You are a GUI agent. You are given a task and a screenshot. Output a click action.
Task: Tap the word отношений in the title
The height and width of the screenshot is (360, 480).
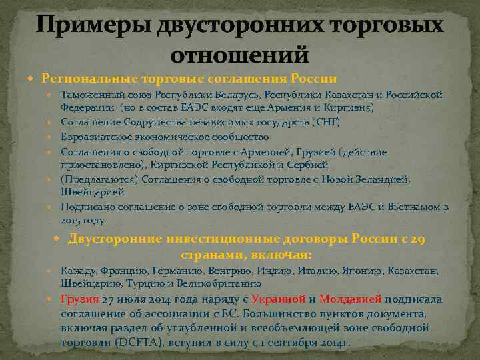tap(240, 53)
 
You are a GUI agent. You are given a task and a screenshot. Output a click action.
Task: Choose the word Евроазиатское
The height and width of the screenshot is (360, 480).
tap(94, 137)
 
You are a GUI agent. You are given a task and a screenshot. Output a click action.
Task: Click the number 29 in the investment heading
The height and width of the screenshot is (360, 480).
tap(415, 240)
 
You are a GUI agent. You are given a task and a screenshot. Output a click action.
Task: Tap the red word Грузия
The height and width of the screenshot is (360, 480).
tap(79, 299)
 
